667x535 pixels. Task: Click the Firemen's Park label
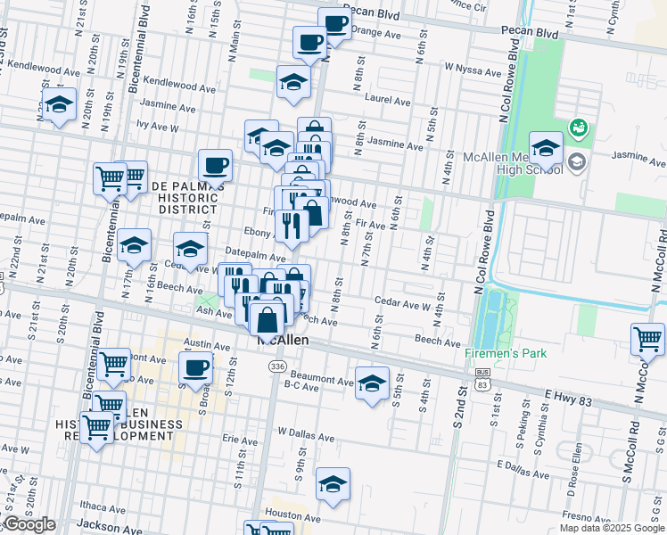tap(506, 354)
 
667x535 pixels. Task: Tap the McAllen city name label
tap(283, 341)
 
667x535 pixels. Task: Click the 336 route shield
tap(277, 366)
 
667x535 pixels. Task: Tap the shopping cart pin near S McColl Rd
tap(647, 339)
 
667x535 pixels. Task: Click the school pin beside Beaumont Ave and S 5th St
tap(372, 383)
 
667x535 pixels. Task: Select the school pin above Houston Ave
tap(333, 484)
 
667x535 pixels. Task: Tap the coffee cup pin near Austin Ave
tap(195, 366)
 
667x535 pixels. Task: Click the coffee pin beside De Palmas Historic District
tap(215, 165)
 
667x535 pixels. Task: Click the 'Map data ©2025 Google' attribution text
tap(612, 528)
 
